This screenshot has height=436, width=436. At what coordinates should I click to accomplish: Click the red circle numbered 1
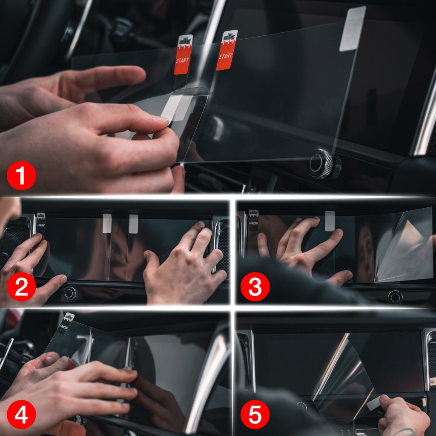pyautogui.click(x=21, y=175)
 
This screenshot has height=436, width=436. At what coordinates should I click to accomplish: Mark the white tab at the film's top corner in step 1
pyautogui.click(x=353, y=29)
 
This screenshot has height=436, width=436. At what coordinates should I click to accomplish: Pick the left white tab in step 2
pyautogui.click(x=107, y=223)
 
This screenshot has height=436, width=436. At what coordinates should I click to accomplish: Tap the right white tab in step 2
pyautogui.click(x=133, y=224)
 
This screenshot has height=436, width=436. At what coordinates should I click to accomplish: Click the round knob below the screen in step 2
pyautogui.click(x=70, y=293)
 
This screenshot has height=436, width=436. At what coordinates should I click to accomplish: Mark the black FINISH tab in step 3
pyautogui.click(x=253, y=220)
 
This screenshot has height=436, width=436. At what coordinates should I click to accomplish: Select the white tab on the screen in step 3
pyautogui.click(x=330, y=221)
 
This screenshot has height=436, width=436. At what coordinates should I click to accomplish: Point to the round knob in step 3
pyautogui.click(x=395, y=297)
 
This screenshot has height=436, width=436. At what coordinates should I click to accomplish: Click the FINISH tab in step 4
pyautogui.click(x=66, y=324)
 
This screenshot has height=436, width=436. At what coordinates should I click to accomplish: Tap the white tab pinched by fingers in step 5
pyautogui.click(x=374, y=403)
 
